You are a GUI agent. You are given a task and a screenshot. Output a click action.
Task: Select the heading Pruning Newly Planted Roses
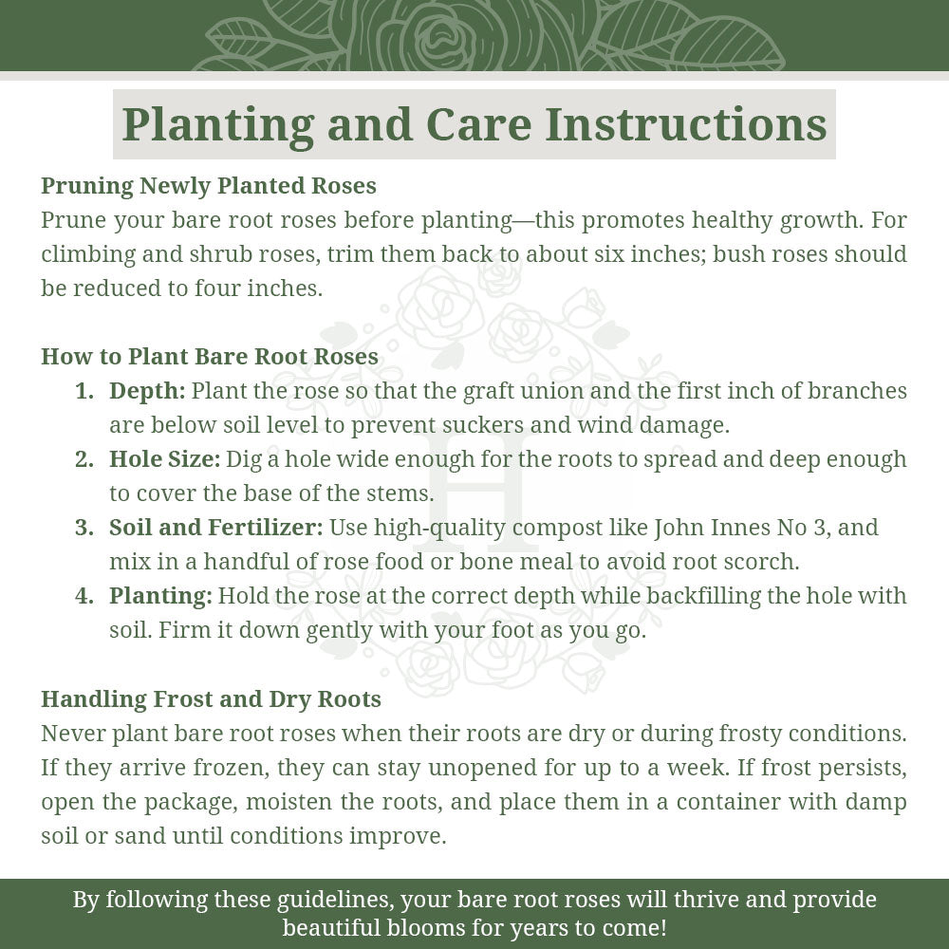point(209,185)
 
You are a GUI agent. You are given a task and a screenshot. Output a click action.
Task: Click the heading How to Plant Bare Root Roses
point(210,357)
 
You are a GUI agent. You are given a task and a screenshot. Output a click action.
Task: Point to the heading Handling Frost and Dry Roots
point(211,699)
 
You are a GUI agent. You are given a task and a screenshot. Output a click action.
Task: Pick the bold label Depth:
point(147,391)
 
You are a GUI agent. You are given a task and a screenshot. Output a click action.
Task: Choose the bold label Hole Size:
point(164,459)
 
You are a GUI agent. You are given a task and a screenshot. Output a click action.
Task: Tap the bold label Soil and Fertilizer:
point(216,528)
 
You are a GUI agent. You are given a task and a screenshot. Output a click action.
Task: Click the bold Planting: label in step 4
point(160,596)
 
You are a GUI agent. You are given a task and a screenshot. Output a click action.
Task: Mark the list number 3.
point(84,528)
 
